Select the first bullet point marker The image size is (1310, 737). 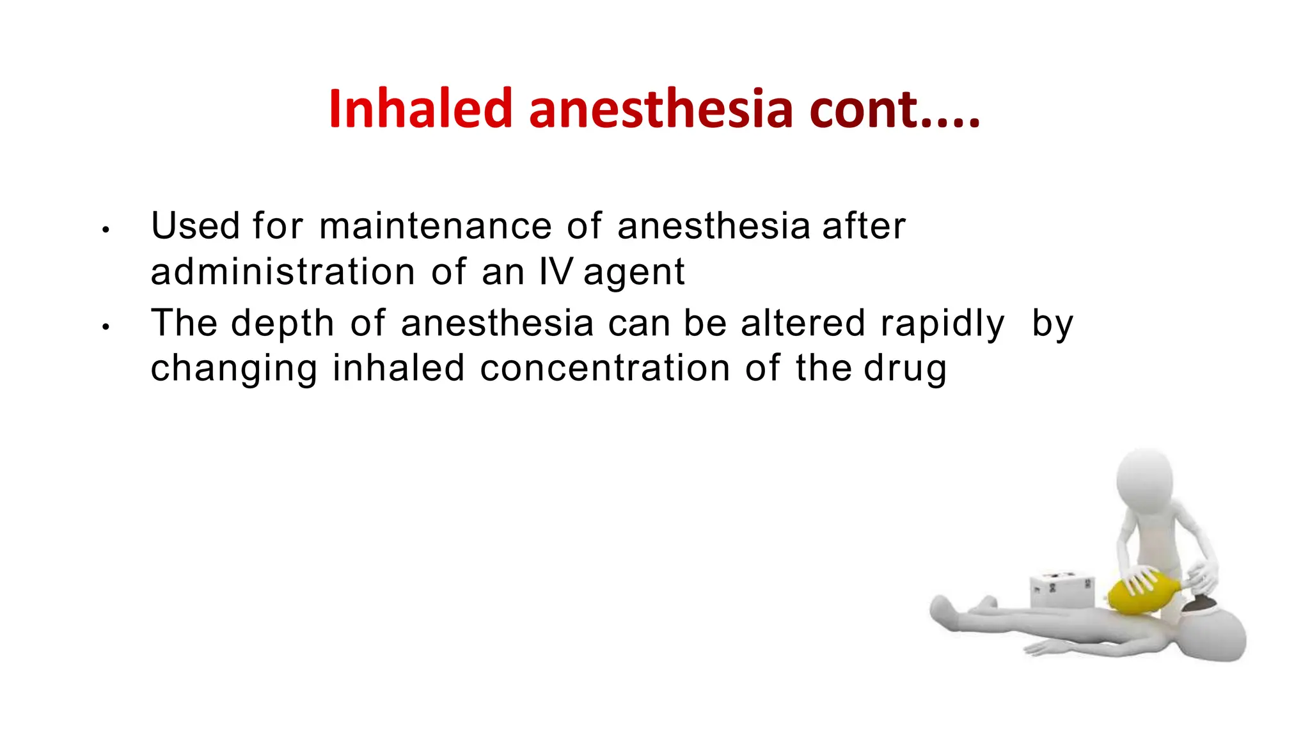tap(106, 230)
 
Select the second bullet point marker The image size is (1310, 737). tap(106, 327)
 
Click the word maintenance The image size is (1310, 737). tap(435, 226)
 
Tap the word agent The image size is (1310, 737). tap(634, 273)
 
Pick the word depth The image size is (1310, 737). tap(282, 324)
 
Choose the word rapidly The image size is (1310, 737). tap(942, 324)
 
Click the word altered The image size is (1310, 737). tap(803, 322)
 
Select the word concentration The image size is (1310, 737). tap(604, 368)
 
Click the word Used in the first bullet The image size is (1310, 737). tap(195, 226)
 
